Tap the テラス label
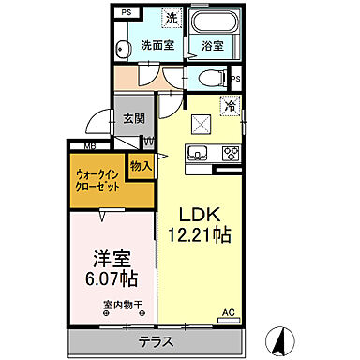(x=156, y=341)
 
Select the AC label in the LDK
(x=227, y=312)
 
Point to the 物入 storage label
(x=142, y=166)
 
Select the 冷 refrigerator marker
(x=230, y=107)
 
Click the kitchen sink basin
(x=197, y=154)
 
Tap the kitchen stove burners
(x=229, y=153)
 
